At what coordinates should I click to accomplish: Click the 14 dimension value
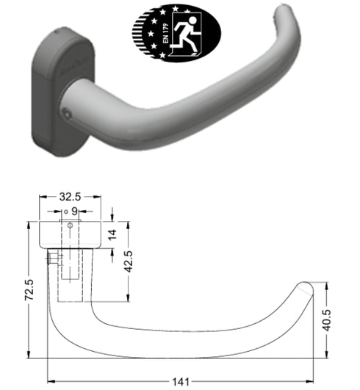(112, 235)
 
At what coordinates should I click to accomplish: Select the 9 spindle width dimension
(73, 212)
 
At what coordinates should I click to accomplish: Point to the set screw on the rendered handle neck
(68, 114)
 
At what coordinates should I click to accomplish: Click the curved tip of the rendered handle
(289, 18)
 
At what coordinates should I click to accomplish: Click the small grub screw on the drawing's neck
(51, 259)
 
